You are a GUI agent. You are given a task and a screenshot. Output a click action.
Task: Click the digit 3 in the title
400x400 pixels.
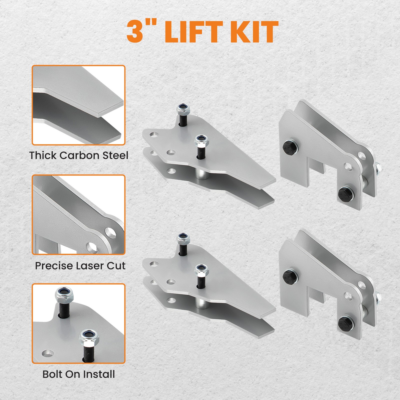pyautogui.click(x=136, y=32)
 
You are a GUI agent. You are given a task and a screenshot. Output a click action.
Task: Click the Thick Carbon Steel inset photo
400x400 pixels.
pyautogui.click(x=78, y=105)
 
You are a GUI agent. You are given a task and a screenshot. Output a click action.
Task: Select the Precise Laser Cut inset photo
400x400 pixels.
pyautogui.click(x=78, y=214)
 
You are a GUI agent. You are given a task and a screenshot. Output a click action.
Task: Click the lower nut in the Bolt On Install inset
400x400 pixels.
pyautogui.click(x=89, y=336)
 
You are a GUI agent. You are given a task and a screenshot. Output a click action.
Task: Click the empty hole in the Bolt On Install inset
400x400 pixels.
pyautogui.click(x=48, y=353)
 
